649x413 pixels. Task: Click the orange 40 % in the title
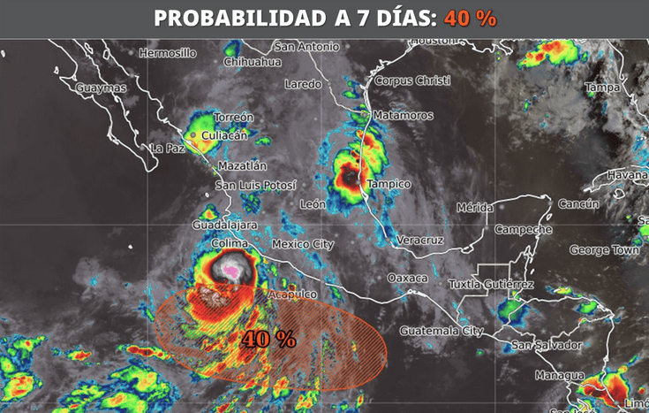471,18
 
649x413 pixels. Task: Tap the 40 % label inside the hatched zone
268,339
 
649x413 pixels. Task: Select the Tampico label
389,184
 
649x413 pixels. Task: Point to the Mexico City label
303,244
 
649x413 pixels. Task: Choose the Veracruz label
419,241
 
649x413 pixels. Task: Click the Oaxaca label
407,278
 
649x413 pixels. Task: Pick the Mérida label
474,208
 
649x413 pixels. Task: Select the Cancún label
578,204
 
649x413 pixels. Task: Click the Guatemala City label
441,331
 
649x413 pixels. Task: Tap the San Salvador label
547,345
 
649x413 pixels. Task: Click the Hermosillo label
167,53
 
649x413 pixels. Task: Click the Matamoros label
403,116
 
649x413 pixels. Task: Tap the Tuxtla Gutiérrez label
491,285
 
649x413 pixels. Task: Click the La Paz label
167,149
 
